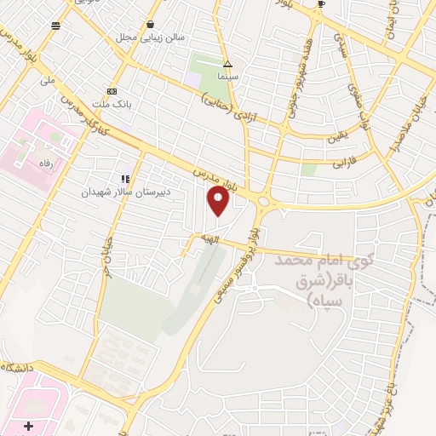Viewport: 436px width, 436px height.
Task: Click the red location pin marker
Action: tap(219, 201)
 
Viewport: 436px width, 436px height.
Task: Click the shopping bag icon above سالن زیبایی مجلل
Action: tap(150, 24)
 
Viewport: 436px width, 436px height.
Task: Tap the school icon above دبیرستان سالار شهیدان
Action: tap(126, 179)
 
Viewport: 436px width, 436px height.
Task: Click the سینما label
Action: tap(227, 77)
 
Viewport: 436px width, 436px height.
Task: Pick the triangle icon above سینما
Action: tap(227, 64)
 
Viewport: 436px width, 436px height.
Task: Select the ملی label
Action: tap(48, 80)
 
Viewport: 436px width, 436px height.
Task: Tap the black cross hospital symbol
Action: tap(28, 425)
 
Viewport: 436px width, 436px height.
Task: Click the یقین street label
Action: tap(337, 135)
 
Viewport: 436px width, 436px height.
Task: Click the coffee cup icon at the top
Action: tap(321, 4)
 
